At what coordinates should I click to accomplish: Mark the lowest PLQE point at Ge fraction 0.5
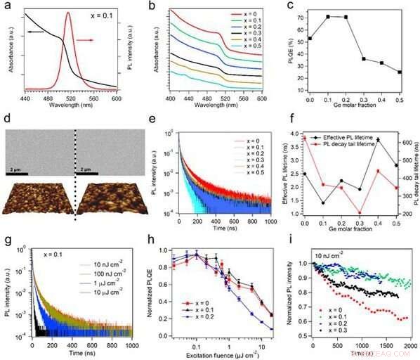[x=400, y=72]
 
